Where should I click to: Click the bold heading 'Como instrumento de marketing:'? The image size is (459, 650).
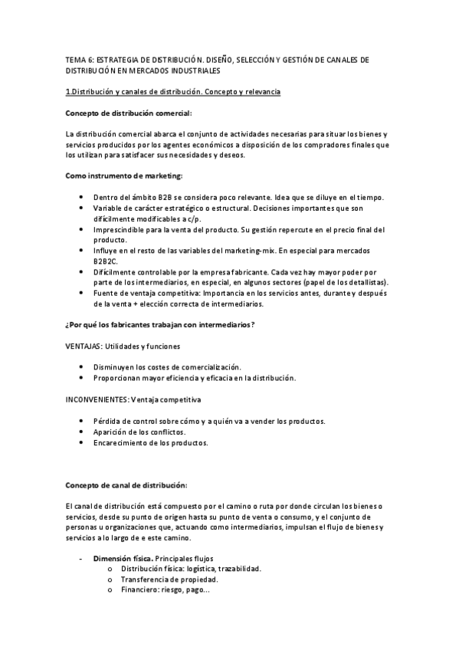(x=123, y=176)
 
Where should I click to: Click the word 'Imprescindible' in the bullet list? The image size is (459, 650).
(x=118, y=229)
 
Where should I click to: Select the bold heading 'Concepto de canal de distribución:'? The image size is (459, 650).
(x=126, y=484)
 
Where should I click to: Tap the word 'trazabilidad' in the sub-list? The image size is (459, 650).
(x=238, y=569)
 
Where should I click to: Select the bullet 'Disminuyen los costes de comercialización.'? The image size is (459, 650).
(x=166, y=367)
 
